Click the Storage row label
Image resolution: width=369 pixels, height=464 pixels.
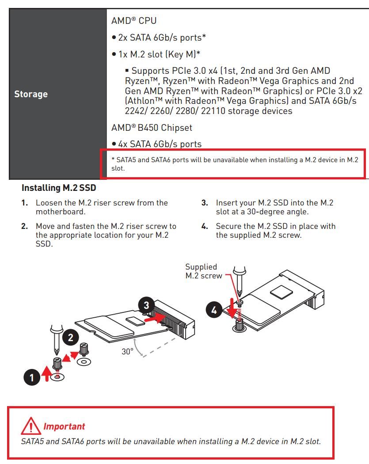coord(31,94)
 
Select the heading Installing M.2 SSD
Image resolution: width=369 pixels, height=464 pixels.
coord(59,188)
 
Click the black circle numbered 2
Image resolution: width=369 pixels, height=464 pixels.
coord(71,338)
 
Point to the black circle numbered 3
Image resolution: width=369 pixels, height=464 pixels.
coord(147,305)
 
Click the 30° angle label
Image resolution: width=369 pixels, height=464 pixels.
coord(128,352)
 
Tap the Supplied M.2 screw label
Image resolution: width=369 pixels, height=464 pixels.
coord(204,271)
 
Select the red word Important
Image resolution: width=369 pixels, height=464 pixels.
coord(64,427)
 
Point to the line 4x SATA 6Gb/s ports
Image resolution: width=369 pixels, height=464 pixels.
coord(157,144)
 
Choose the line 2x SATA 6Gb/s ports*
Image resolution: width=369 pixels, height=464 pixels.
coord(159,38)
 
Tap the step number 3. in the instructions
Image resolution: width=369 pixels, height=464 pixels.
coord(205,203)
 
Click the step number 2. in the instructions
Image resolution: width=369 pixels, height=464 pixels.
coord(25,226)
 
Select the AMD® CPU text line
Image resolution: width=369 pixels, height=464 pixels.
coord(134,21)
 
